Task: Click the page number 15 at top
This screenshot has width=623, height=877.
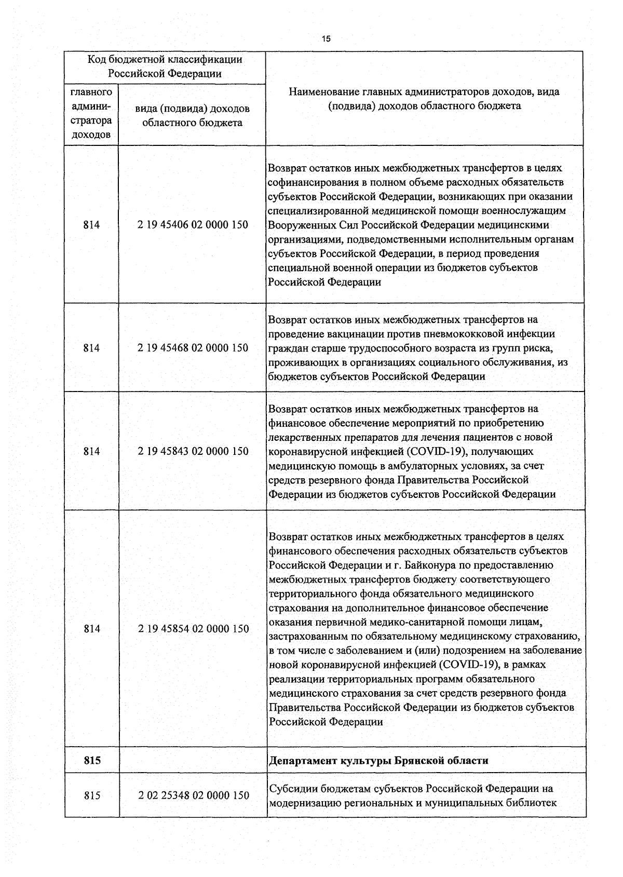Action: (326, 38)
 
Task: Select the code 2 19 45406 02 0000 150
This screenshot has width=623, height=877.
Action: (193, 225)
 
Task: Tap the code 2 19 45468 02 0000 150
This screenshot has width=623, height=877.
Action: (193, 348)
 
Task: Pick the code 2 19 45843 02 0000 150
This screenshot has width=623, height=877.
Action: (193, 451)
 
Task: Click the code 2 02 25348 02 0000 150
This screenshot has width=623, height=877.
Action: (194, 795)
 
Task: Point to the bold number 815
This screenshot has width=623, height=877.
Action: (92, 761)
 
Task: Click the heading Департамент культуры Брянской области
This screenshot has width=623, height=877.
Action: (378, 761)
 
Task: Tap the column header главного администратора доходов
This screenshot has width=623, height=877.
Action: (91, 114)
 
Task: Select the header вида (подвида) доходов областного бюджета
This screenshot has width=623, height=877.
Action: (192, 116)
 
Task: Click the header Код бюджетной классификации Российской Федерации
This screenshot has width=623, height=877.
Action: (165, 66)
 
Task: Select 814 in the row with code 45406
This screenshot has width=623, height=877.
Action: (91, 225)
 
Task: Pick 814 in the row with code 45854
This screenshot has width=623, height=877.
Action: (92, 629)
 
